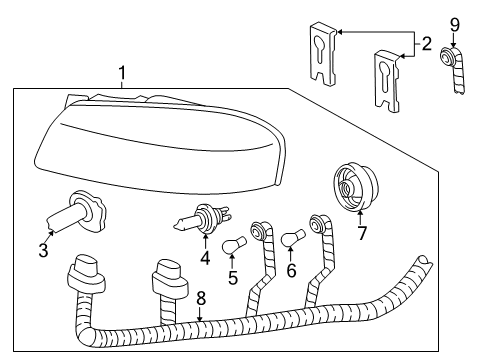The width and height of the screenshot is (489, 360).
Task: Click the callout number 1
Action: pos(122,73)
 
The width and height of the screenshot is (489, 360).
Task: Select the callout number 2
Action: pos(426,43)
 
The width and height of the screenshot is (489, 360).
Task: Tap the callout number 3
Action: pos(43,250)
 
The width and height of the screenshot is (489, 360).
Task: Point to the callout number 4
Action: pos(205,258)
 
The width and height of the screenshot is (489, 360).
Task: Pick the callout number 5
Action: pos(232,276)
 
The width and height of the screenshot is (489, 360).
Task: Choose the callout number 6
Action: pos(292,269)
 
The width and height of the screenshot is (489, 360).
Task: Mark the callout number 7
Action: pos(362,234)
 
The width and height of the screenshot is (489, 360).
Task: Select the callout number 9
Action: pos(454,23)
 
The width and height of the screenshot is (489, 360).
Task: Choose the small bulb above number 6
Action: pos(293,238)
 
